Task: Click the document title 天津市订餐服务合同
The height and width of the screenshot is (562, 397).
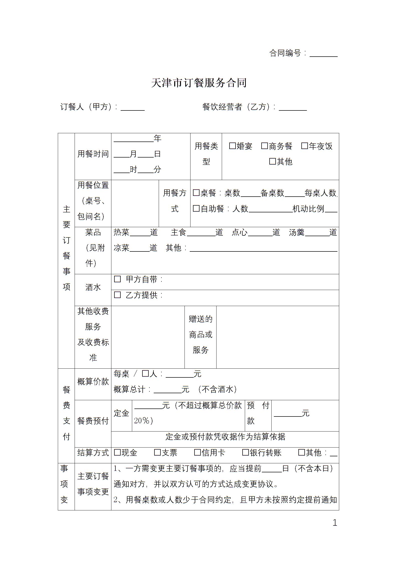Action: pos(199,83)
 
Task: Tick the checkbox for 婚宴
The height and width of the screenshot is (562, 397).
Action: pos(232,146)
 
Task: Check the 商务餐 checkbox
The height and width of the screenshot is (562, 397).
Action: pos(264,146)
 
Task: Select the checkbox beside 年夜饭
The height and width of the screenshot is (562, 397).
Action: pos(304,146)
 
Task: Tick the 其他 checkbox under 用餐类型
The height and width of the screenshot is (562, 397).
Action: pos(272,161)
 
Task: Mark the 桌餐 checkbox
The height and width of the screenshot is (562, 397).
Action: pos(196,193)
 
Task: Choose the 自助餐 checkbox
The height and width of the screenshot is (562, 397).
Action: pos(196,208)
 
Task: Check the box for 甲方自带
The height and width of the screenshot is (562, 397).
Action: pos(117,279)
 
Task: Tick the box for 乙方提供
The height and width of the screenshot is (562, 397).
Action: pos(117,295)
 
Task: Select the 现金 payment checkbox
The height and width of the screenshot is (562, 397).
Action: pos(117,452)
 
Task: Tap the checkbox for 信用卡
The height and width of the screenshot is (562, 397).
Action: pos(197,452)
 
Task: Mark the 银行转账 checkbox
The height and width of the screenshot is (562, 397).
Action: pos(245,452)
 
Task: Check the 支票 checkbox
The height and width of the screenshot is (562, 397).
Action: pos(157,452)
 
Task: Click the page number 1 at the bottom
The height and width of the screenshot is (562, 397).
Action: pos(335,523)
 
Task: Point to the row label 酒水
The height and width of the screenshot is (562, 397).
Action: pos(93,287)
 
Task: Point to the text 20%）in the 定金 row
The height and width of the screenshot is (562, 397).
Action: pos(143,421)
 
